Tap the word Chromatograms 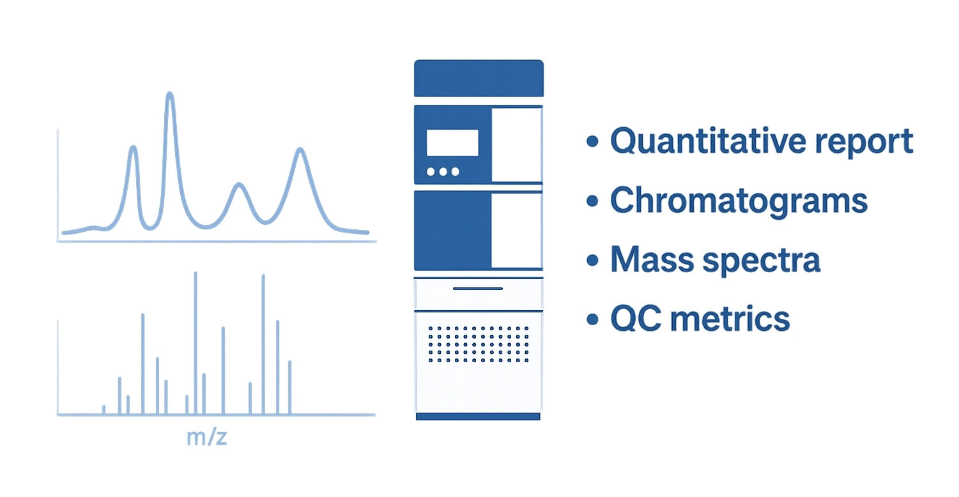click(739, 201)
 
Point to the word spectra click(762, 262)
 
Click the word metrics click(730, 319)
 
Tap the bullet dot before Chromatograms click(592, 201)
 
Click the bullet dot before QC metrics click(592, 319)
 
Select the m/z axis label click(207, 438)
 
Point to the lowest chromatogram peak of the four click(240, 185)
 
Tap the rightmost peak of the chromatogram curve click(300, 150)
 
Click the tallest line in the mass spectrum click(196, 343)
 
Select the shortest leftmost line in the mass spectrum click(104, 409)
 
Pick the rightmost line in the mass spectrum click(290, 387)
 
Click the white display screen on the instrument click(452, 142)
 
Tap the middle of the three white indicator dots click(443, 172)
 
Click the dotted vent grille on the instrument click(478, 344)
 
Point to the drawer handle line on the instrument click(478, 289)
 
